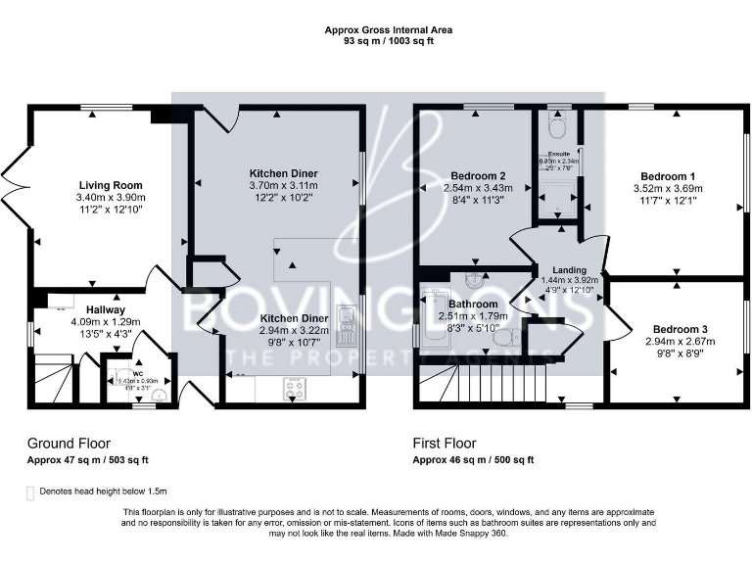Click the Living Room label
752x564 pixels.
click(x=110, y=185)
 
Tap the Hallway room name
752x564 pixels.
click(x=107, y=309)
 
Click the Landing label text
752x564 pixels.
click(x=569, y=270)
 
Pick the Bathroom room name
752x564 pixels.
click(x=473, y=304)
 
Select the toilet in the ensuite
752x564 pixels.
click(x=556, y=127)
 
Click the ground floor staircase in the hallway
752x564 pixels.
click(x=52, y=380)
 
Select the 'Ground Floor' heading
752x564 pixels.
click(x=68, y=443)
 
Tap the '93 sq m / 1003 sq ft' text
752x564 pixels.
click(x=389, y=42)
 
